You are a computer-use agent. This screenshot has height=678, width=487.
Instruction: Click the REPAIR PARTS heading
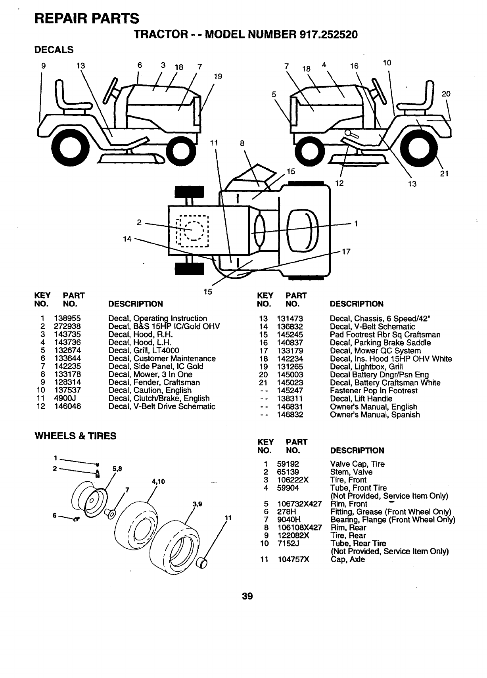pyautogui.click(x=87, y=18)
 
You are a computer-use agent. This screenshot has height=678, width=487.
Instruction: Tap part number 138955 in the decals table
pyautogui.click(x=67, y=318)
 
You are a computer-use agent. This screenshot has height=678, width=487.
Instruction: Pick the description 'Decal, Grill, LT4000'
pyautogui.click(x=144, y=350)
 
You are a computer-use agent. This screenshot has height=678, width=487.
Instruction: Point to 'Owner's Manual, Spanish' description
pyautogui.click(x=375, y=415)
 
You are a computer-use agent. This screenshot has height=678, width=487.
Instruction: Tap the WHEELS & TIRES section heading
pyautogui.click(x=76, y=436)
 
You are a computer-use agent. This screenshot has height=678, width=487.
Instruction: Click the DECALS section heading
pyautogui.click(x=54, y=50)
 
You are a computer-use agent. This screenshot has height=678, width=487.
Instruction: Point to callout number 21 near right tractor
pyautogui.click(x=445, y=173)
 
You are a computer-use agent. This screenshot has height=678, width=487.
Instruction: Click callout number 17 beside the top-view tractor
pyautogui.click(x=346, y=251)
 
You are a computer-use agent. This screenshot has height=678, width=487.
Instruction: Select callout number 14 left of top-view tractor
pyautogui.click(x=127, y=239)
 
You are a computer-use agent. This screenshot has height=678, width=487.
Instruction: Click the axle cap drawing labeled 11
pyautogui.click(x=203, y=563)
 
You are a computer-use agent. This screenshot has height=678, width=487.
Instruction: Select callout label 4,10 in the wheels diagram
pyautogui.click(x=158, y=482)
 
